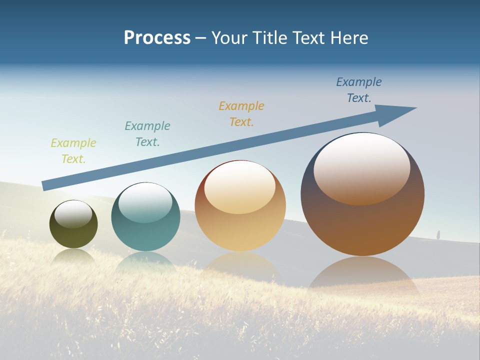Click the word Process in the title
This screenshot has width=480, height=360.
(x=157, y=38)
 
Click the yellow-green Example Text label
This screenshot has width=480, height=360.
(x=73, y=151)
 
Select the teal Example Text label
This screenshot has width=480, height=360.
(x=147, y=133)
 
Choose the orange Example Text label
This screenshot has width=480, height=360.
(x=241, y=113)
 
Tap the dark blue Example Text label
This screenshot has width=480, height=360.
(x=359, y=90)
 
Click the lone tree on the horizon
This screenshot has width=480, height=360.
(x=438, y=234)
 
